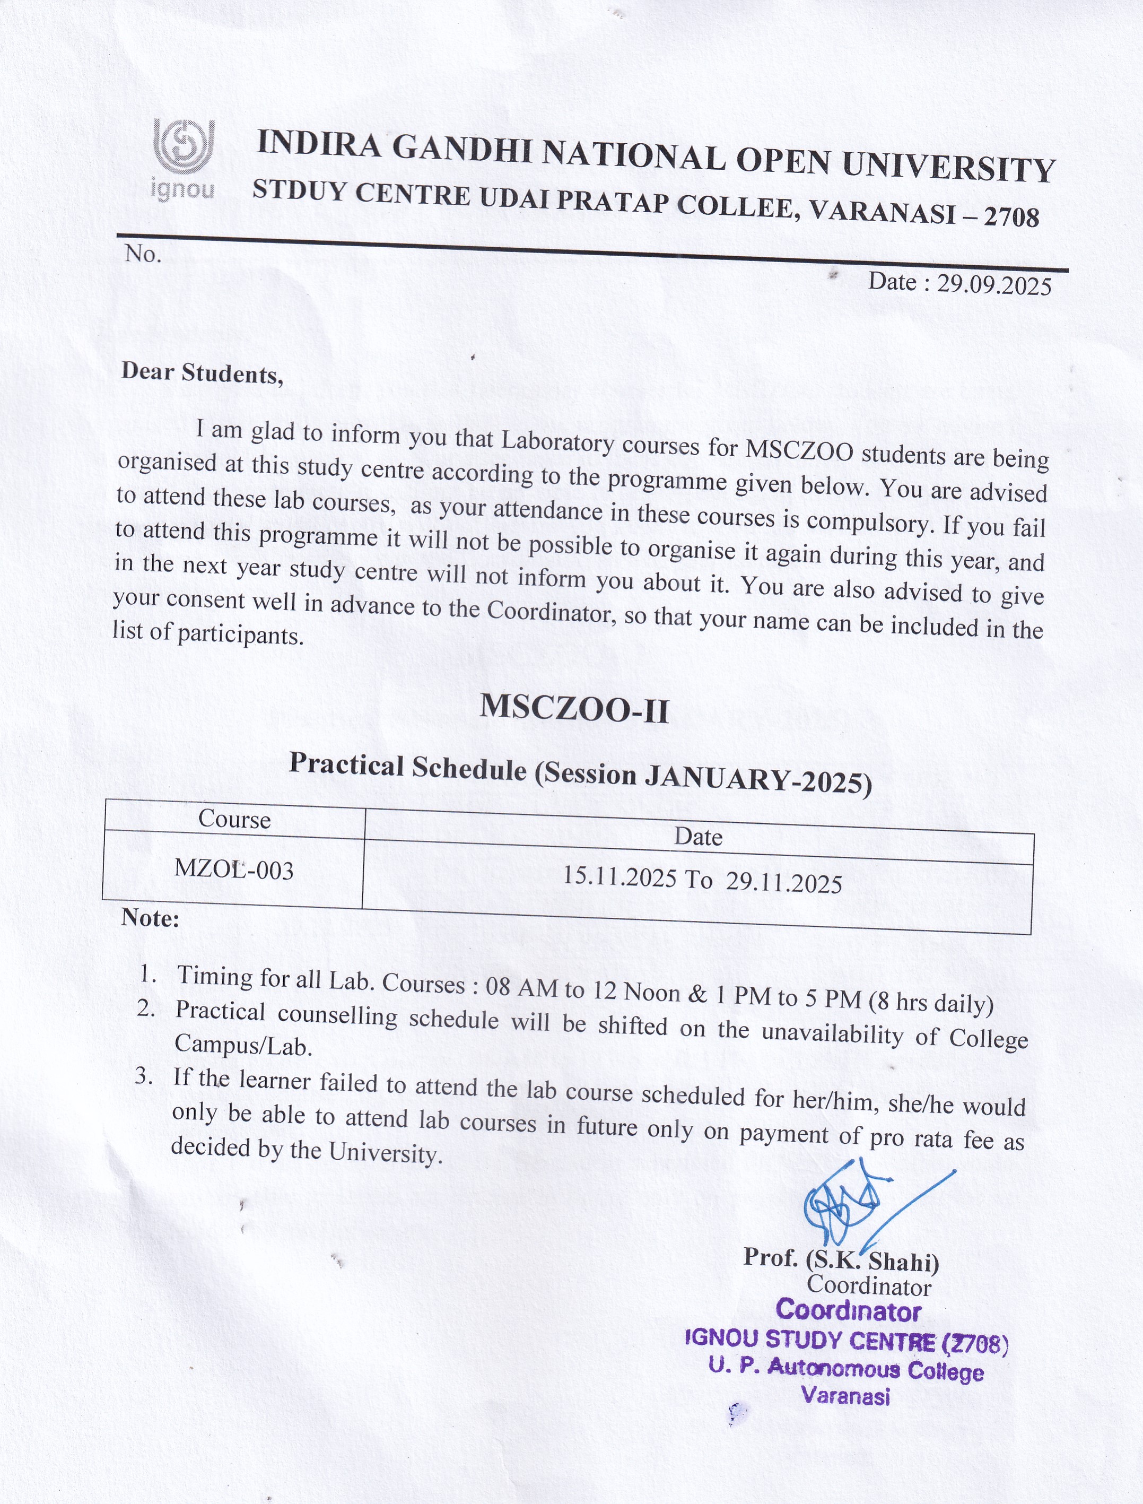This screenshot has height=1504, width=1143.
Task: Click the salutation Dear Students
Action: (x=202, y=373)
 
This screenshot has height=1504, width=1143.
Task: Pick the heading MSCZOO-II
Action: (x=574, y=709)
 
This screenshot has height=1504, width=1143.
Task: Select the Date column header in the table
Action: (x=698, y=837)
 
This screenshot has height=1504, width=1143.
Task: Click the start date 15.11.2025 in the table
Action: (x=619, y=877)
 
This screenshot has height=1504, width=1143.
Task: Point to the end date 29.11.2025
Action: (x=784, y=883)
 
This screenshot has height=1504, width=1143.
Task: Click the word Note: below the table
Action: (x=150, y=919)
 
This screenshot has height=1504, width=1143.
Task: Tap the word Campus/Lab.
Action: (x=243, y=1045)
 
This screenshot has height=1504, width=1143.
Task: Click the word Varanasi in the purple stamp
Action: (x=845, y=1396)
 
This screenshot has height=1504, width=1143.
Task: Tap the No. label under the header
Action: (x=143, y=254)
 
